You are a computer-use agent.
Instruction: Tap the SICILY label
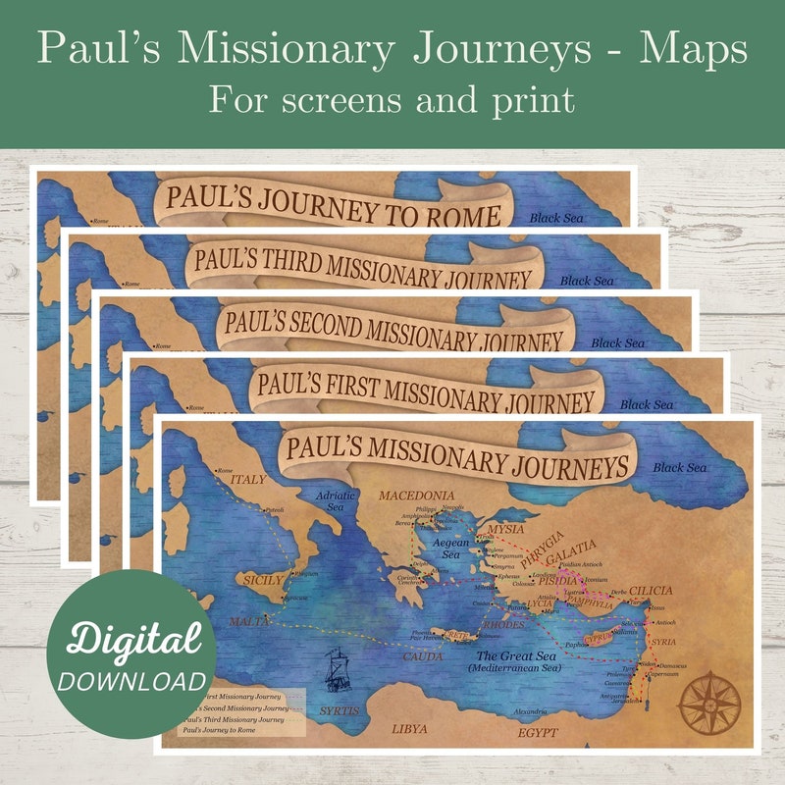pos(259,580)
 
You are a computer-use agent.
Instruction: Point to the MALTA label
pos(247,622)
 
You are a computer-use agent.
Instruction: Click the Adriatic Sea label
pos(335,501)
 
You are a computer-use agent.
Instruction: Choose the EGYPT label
pos(539,732)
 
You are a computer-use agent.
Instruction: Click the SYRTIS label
pos(340,709)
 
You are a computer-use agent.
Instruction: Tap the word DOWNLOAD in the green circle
pos(131,681)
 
